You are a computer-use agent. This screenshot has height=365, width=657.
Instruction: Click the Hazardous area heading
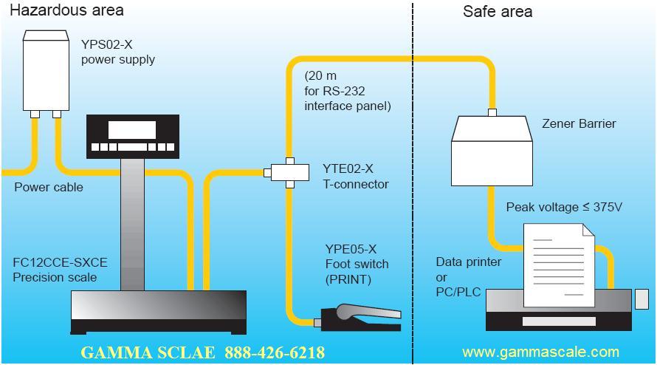(x=67, y=10)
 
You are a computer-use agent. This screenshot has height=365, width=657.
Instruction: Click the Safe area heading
(x=497, y=11)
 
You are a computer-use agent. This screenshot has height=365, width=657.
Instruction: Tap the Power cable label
(x=49, y=187)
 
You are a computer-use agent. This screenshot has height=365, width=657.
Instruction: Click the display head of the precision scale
(x=133, y=137)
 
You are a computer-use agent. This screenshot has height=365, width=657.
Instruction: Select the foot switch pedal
(x=362, y=314)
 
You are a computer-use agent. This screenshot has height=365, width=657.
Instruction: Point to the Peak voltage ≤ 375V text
(x=564, y=207)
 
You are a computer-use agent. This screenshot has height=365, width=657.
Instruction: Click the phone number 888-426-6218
(x=275, y=352)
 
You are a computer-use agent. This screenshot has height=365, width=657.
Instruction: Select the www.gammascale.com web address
(x=540, y=352)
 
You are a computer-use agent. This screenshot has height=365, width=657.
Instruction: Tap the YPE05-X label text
(x=351, y=249)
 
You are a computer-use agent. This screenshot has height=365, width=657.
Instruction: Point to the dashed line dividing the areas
(x=413, y=185)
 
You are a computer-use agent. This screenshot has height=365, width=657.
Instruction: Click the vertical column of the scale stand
(x=133, y=222)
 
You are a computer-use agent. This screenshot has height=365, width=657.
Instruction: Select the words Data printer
(x=468, y=262)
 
